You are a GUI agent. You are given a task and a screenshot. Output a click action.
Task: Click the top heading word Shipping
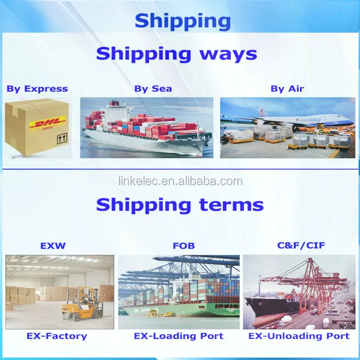pos(182,21)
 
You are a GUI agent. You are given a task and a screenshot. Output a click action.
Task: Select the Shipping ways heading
pos(176,53)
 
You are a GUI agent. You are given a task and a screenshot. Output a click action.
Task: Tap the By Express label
pos(37,89)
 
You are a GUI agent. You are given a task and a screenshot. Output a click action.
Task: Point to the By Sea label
pos(153,89)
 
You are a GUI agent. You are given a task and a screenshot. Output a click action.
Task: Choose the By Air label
pos(287,89)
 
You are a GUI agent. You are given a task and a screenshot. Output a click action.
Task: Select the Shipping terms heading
pos(180,205)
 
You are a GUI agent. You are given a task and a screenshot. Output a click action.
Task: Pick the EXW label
pos(52,246)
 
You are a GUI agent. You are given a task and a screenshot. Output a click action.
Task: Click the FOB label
pos(183,246)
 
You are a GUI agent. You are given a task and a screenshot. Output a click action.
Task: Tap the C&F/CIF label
pos(301,246)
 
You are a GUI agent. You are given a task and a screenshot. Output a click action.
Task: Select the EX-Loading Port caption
pos(179,336)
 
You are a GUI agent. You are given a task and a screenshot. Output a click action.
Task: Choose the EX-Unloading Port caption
pos(299,336)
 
